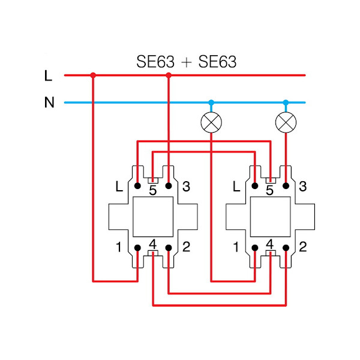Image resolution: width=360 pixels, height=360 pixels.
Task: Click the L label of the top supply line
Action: click(x=49, y=76)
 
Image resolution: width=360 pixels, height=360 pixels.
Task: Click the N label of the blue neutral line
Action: click(x=49, y=103)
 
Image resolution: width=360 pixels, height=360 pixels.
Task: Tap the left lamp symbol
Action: click(x=211, y=122)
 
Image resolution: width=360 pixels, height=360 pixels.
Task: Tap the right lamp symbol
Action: click(x=286, y=122)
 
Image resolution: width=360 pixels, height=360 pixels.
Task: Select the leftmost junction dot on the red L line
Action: click(x=93, y=76)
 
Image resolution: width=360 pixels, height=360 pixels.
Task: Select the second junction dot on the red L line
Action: click(x=169, y=76)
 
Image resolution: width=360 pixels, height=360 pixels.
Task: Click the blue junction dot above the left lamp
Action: click(x=211, y=103)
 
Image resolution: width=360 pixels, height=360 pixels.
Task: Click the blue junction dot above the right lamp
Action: click(x=286, y=103)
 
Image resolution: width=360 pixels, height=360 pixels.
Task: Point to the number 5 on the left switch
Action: click(x=153, y=190)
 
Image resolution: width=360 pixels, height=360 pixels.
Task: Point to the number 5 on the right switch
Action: click(x=270, y=190)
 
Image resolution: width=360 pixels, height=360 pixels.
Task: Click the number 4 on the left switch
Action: click(x=153, y=244)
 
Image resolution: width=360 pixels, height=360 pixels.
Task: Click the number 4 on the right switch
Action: click(x=270, y=244)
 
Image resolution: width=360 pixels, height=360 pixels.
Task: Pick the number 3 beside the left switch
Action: click(x=186, y=187)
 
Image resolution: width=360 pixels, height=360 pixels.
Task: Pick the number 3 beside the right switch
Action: click(x=302, y=187)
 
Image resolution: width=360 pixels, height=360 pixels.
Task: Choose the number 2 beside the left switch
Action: click(x=186, y=247)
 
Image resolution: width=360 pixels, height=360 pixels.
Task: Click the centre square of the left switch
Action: click(x=153, y=217)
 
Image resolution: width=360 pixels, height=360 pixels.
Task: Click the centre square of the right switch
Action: click(x=270, y=217)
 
